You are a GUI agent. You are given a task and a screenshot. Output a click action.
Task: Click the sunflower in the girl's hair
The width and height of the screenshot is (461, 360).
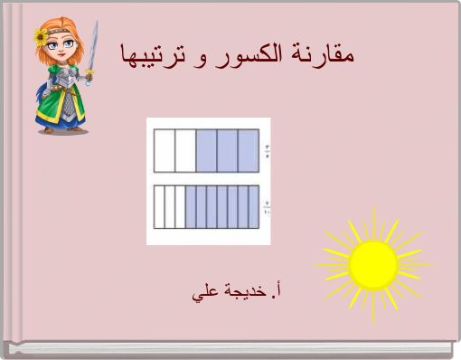point(41,36)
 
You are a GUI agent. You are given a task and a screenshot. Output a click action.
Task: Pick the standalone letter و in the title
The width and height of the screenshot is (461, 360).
point(201,57)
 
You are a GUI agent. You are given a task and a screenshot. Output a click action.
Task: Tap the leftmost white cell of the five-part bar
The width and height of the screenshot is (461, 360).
point(165,150)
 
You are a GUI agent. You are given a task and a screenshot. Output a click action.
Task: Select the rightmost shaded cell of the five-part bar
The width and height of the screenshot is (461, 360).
point(249,150)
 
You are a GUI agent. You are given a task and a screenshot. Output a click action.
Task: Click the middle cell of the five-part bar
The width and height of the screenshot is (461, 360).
point(207,150)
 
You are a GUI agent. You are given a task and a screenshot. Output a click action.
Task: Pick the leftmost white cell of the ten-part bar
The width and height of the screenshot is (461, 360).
point(159,206)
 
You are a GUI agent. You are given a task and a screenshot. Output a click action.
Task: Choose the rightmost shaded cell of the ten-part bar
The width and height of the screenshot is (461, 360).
point(254,206)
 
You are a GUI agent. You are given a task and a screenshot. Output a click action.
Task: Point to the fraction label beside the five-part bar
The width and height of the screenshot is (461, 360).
point(267,150)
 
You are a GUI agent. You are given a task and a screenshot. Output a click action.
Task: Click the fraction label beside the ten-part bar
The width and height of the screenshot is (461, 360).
point(267,206)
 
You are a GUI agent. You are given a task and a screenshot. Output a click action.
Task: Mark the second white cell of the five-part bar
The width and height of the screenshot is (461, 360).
point(185,150)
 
